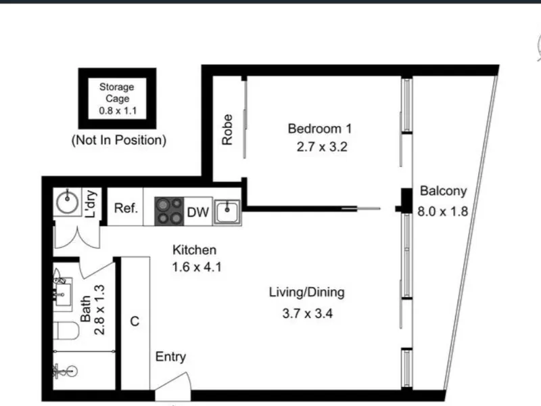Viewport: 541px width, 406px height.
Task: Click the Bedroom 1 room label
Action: point(320,129)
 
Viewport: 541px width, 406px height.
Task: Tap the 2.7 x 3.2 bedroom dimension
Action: point(322,147)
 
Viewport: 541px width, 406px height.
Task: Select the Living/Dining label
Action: point(307,292)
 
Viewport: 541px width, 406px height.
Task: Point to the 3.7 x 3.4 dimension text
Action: point(308,313)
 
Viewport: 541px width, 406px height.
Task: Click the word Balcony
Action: point(444,191)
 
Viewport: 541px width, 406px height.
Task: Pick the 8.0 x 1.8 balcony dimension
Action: point(443,211)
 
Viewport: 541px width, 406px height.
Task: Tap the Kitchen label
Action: point(195,250)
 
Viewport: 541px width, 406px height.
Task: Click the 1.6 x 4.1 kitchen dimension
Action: point(197,267)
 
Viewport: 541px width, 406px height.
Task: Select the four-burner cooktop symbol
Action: point(169,211)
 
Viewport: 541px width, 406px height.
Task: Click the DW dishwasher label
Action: point(198,212)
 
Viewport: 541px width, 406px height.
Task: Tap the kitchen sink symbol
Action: point(227,212)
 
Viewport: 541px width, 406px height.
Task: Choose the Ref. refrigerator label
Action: point(126,208)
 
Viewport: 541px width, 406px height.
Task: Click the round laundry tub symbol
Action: point(67,202)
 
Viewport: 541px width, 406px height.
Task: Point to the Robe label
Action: point(227,130)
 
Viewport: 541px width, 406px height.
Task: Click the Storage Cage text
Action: point(117,93)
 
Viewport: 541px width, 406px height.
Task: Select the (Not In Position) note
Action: point(119,140)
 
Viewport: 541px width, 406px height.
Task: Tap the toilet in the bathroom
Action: point(67,330)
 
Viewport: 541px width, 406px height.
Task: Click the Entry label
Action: point(170,357)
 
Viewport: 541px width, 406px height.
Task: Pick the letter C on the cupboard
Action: point(135,321)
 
